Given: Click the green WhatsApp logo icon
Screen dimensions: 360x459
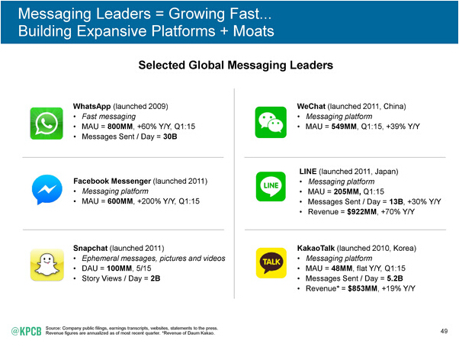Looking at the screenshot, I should [x=46, y=121].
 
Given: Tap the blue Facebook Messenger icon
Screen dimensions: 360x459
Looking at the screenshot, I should [x=46, y=191].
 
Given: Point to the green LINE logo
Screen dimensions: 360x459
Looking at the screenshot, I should [x=274, y=185].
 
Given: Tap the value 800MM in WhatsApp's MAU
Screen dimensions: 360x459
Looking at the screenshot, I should [x=122, y=126].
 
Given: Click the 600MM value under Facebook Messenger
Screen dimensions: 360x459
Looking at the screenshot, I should [x=122, y=201].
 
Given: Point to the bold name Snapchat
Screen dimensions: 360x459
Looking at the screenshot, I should [x=90, y=249].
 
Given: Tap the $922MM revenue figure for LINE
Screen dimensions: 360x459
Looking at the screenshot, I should [x=371, y=211].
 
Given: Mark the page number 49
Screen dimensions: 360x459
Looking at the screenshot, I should [x=445, y=330].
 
